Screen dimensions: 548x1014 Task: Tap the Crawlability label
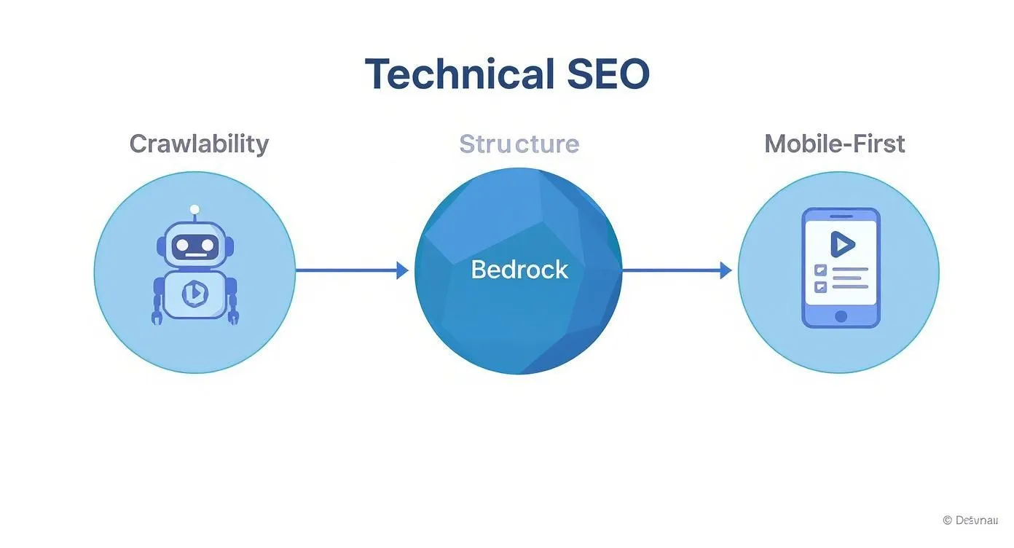(x=199, y=144)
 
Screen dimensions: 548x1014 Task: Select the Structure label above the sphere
(x=519, y=144)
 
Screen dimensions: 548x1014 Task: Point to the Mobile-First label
(x=834, y=144)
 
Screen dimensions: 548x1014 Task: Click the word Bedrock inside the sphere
(x=519, y=270)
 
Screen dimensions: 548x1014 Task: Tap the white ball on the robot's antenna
(x=194, y=210)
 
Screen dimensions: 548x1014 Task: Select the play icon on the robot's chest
(x=194, y=293)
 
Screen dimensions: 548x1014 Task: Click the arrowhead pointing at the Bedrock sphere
(x=402, y=271)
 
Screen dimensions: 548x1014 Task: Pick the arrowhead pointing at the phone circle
(x=725, y=271)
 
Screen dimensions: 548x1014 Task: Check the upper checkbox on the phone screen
(x=820, y=270)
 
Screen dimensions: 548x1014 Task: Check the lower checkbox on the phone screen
(x=820, y=286)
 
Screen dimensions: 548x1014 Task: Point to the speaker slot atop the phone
(x=841, y=216)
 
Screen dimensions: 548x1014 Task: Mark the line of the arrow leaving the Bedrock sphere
(x=670, y=271)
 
